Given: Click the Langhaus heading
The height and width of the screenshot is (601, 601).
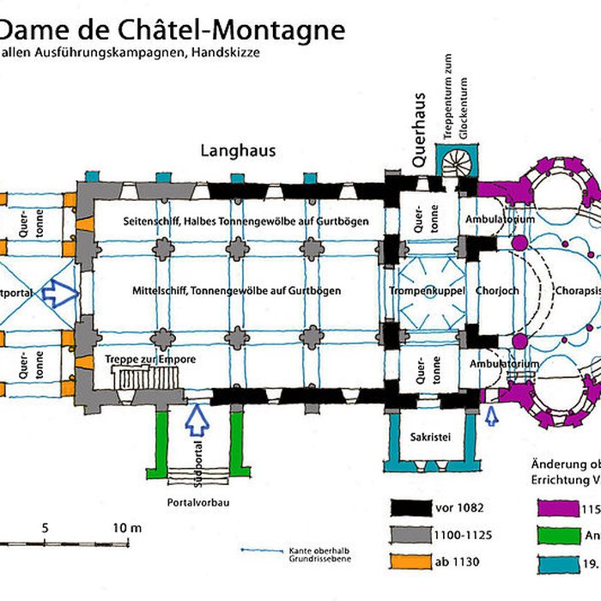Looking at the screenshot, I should point(238,150).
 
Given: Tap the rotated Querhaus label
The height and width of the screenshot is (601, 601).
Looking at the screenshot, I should point(418,129).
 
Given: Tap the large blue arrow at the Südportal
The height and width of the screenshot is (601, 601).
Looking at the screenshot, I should point(197,419).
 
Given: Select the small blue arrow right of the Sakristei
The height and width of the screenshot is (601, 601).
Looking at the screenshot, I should point(491,416).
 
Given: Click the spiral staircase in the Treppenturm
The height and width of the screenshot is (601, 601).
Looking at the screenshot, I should point(455,161).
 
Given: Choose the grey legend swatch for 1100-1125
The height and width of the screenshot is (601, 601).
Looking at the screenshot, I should point(414,535).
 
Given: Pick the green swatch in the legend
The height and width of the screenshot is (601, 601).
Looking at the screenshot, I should point(557,535).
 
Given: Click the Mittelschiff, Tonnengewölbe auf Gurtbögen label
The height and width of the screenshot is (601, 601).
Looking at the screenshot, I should point(236,291).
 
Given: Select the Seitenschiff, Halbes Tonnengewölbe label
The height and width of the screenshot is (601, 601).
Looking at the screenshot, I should point(246,221).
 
